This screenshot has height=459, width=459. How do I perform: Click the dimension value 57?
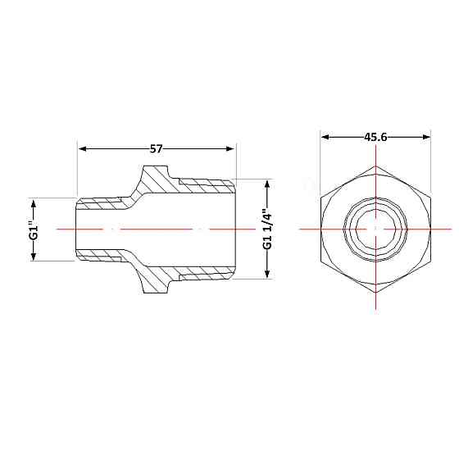tap(156, 149)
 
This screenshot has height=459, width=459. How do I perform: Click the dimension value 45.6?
tap(375, 137)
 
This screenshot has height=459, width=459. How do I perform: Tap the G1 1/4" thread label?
tap(267, 229)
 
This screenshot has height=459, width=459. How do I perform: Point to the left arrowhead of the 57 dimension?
tap(83, 149)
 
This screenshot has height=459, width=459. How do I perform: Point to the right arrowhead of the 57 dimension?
tap(230, 149)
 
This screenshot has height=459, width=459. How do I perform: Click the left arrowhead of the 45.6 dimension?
tap(325, 137)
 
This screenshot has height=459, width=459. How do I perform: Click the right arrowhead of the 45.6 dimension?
tap(426, 137)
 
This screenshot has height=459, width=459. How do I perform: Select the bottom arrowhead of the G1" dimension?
tap(34, 256)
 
